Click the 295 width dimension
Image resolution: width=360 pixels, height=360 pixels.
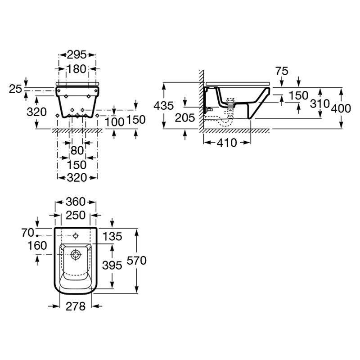pyautogui.click(x=76, y=55)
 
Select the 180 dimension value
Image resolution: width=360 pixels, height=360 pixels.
pyautogui.click(x=76, y=69)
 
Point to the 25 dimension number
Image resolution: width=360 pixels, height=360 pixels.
pyautogui.click(x=15, y=89)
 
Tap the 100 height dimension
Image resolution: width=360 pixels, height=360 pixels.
pyautogui.click(x=115, y=122)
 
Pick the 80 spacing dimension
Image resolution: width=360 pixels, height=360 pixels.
pyautogui.click(x=77, y=151)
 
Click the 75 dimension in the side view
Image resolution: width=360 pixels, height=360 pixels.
pyautogui.click(x=282, y=72)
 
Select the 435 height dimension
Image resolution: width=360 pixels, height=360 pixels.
pyautogui.click(x=164, y=106)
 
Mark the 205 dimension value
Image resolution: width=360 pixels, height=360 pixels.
pyautogui.click(x=185, y=118)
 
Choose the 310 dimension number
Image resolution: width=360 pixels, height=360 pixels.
pyautogui.click(x=320, y=104)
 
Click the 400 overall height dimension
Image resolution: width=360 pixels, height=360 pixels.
pyautogui.click(x=341, y=108)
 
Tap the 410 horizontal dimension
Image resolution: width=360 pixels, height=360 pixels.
pyautogui.click(x=227, y=143)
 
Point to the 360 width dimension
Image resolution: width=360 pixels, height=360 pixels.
pyautogui.click(x=76, y=202)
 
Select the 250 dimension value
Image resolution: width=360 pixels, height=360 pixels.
pyautogui.click(x=76, y=216)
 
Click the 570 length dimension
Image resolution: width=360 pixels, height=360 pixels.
pyautogui.click(x=137, y=261)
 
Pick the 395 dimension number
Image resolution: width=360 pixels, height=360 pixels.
pyautogui.click(x=112, y=265)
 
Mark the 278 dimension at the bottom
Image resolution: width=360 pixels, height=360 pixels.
pyautogui.click(x=76, y=306)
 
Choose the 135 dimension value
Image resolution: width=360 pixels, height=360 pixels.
pyautogui.click(x=112, y=237)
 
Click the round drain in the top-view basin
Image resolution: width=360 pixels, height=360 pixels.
pyautogui.click(x=76, y=255)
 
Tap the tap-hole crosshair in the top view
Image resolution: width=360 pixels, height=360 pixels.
pyautogui.click(x=76, y=236)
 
